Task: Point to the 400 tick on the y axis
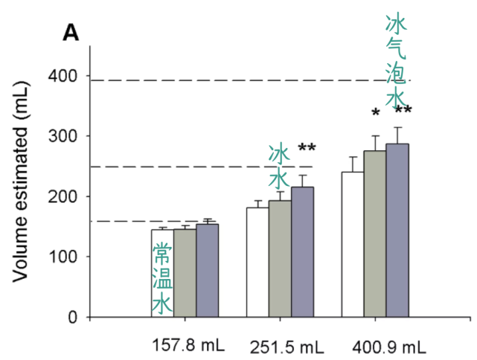68,76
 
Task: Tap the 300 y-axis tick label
68,136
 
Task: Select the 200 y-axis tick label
68,196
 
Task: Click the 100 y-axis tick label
68,257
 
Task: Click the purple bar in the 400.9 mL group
397,230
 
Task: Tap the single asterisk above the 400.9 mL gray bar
376,113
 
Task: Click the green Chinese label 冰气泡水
396,62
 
